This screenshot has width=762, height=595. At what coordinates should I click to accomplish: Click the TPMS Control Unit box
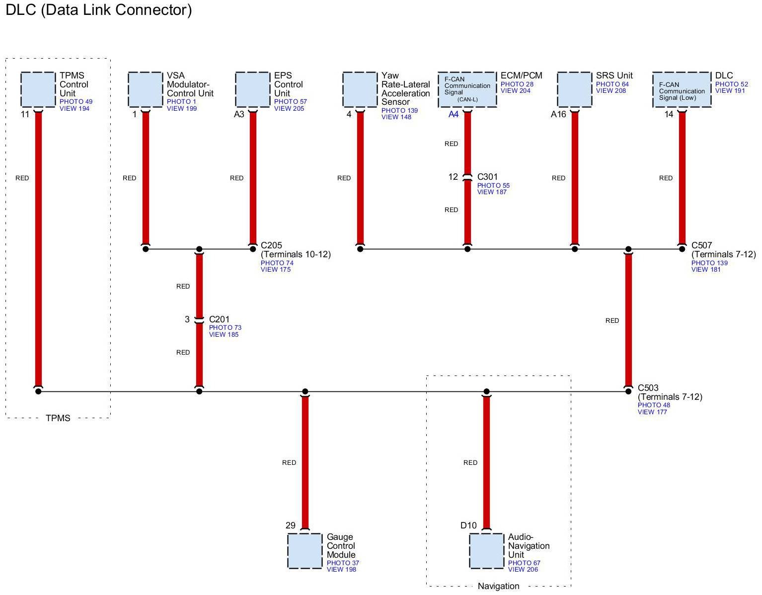(x=38, y=89)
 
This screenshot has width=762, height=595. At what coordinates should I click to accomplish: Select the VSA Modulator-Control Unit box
(x=146, y=89)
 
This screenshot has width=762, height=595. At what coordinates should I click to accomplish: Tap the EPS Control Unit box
(x=253, y=89)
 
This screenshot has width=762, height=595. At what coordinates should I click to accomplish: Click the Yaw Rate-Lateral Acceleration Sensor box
(x=360, y=89)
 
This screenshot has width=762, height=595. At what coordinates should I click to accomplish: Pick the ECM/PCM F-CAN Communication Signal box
(x=467, y=89)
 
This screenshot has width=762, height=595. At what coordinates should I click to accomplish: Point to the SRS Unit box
(x=575, y=89)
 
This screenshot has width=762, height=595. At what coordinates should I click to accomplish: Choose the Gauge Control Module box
(x=305, y=551)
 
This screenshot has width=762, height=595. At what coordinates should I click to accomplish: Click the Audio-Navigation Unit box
(x=486, y=551)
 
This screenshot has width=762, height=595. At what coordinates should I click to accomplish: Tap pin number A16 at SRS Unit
(x=558, y=115)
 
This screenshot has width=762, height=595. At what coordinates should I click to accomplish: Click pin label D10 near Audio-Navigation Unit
(x=468, y=525)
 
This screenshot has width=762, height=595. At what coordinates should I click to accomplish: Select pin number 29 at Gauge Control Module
(x=291, y=525)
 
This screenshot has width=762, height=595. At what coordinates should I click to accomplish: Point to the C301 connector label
(x=487, y=177)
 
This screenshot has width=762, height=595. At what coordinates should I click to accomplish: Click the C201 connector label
(x=219, y=319)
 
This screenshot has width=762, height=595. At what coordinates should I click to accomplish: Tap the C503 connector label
(x=648, y=388)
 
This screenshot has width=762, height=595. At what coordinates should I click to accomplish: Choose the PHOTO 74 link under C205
(x=277, y=263)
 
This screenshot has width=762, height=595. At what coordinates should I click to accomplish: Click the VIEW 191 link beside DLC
(x=730, y=91)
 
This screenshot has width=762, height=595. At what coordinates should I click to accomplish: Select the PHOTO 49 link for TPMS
(x=76, y=102)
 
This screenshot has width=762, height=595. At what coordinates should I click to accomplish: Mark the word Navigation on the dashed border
(x=498, y=586)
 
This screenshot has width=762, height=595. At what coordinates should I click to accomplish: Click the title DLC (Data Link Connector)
(x=98, y=10)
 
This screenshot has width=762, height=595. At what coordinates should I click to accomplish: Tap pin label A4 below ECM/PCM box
(x=454, y=115)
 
